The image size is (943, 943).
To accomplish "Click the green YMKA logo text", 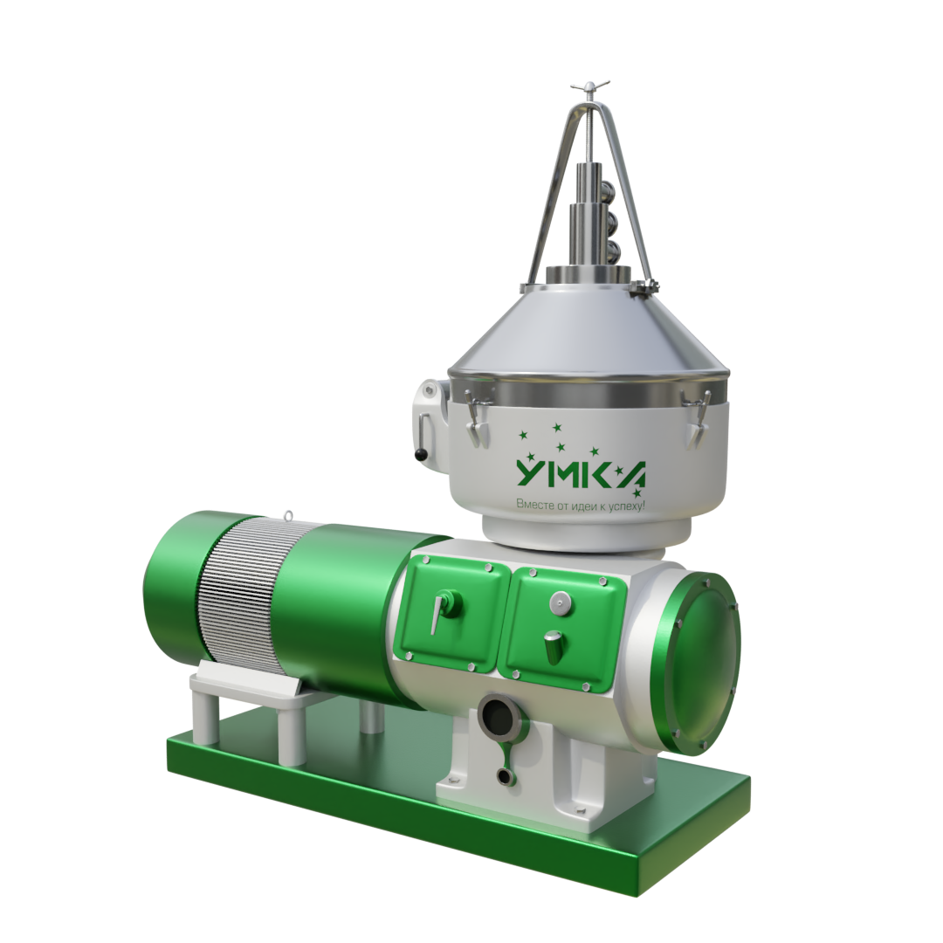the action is point(582,473).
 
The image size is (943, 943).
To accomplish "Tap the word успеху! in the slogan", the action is point(627,506).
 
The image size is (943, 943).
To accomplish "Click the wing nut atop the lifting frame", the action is point(590,86).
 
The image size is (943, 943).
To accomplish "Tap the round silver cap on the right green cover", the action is point(560,602).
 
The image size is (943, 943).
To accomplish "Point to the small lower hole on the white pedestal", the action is point(504,776).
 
